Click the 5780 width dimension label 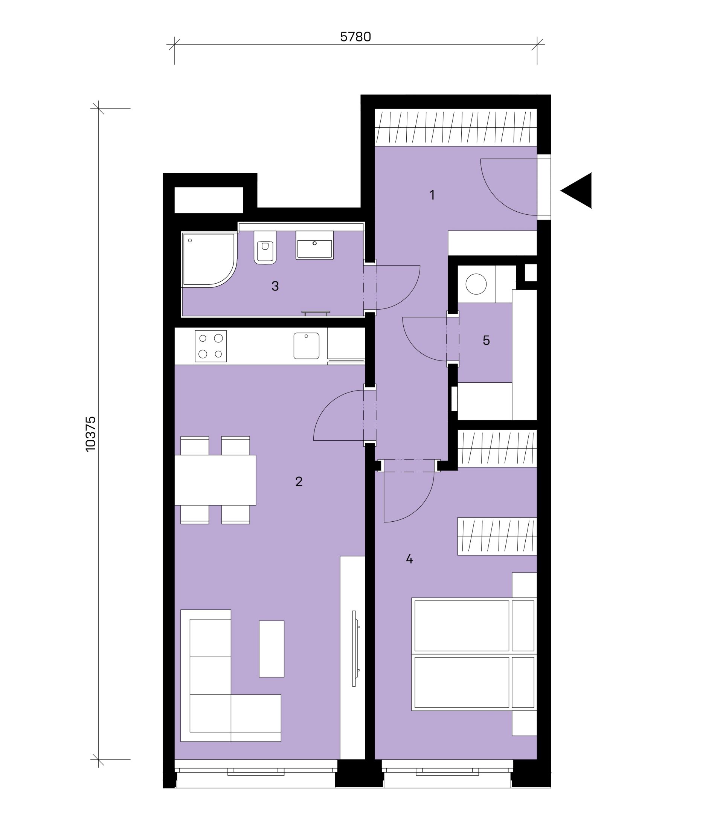point(355,37)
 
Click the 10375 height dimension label point(91,434)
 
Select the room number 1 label point(432,195)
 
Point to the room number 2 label point(298,481)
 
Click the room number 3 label point(275,286)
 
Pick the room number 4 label point(409,559)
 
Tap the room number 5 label point(486,341)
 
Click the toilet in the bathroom point(265,247)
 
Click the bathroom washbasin point(314,245)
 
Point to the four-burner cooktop point(210,346)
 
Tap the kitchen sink point(307,345)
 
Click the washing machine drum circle point(476,284)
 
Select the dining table point(215,480)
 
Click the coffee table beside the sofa point(272,649)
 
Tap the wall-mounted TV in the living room point(354,648)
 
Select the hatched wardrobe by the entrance point(456,127)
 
